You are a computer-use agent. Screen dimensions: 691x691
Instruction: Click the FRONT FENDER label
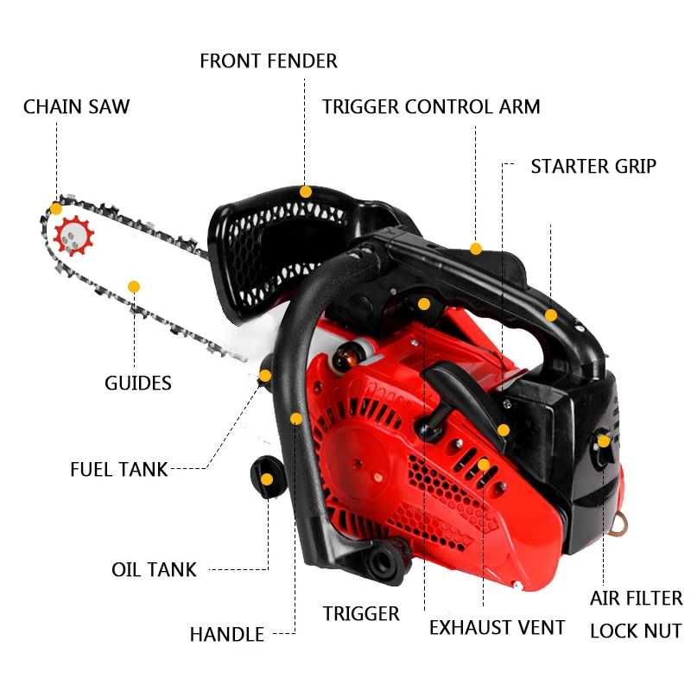268,61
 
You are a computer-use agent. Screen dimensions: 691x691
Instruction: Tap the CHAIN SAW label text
76,107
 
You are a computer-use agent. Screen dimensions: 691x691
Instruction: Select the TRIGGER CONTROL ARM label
431,107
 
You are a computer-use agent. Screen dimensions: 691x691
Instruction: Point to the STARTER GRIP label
593,166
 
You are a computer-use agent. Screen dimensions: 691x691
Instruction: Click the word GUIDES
138,383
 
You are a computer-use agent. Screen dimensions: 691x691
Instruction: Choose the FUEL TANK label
119,470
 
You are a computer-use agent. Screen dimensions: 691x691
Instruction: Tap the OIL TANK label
154,570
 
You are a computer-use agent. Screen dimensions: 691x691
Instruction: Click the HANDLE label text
227,635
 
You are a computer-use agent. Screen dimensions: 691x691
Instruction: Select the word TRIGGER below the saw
361,614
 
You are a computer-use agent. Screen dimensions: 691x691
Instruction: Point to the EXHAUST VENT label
497,628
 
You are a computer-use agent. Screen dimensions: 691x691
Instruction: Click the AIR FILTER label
636,599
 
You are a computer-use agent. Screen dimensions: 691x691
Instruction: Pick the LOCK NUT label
636,631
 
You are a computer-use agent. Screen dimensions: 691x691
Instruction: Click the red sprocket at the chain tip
73,235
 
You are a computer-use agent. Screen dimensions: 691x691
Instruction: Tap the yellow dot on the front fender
305,192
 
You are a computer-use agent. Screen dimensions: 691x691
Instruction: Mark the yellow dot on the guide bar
134,286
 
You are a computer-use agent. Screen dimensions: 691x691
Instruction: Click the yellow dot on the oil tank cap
268,479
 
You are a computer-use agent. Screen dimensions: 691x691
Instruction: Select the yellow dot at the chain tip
56,208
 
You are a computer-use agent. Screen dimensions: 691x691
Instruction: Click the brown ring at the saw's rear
619,521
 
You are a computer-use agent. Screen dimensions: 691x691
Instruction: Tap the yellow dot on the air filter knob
604,442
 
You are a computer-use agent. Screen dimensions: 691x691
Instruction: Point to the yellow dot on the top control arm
476,249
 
